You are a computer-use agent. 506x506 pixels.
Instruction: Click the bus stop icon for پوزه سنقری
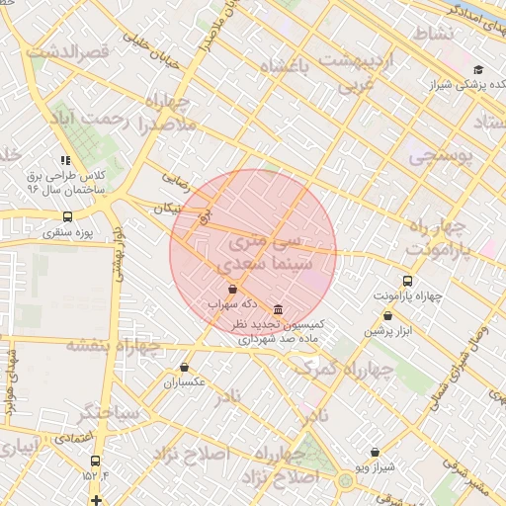coord(67,216)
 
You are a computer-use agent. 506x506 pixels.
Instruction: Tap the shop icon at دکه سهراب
coord(232,290)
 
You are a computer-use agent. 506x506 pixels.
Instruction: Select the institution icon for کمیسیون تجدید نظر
coord(278,310)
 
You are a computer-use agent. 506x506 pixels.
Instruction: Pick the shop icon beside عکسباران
coord(184,368)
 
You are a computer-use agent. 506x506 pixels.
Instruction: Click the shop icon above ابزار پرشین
coord(387,316)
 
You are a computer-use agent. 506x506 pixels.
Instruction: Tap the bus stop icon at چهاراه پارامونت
coord(408,281)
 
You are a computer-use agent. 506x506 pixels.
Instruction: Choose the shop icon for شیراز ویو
coord(376,452)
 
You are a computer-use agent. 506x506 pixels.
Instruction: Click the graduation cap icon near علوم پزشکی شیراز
coord(478,69)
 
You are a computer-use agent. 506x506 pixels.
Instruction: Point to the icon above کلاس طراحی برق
coord(65,160)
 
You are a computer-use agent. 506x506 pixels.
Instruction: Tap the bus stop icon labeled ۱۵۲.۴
coord(95,461)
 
